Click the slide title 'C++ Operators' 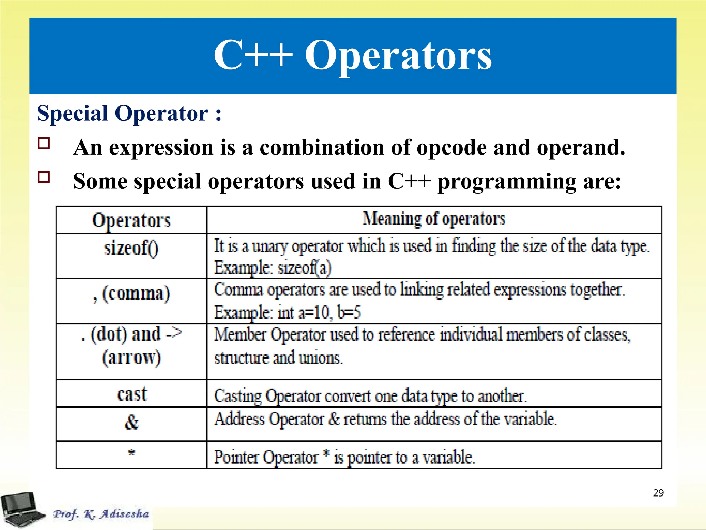click(353, 55)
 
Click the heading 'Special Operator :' click(129, 113)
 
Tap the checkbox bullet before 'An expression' click(44, 143)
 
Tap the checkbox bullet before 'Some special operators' click(44, 177)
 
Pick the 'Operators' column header click(131, 220)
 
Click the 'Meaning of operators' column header click(434, 219)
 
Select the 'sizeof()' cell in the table click(131, 248)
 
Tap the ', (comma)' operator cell click(131, 294)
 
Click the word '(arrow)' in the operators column click(131, 357)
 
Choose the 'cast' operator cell click(131, 394)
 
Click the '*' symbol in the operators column click(131, 452)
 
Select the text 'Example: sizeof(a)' click(272, 268)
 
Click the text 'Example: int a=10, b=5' click(287, 313)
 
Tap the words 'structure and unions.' click(278, 358)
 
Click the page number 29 click(658, 493)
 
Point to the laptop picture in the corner click(21, 510)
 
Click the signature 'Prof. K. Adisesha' click(101, 514)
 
